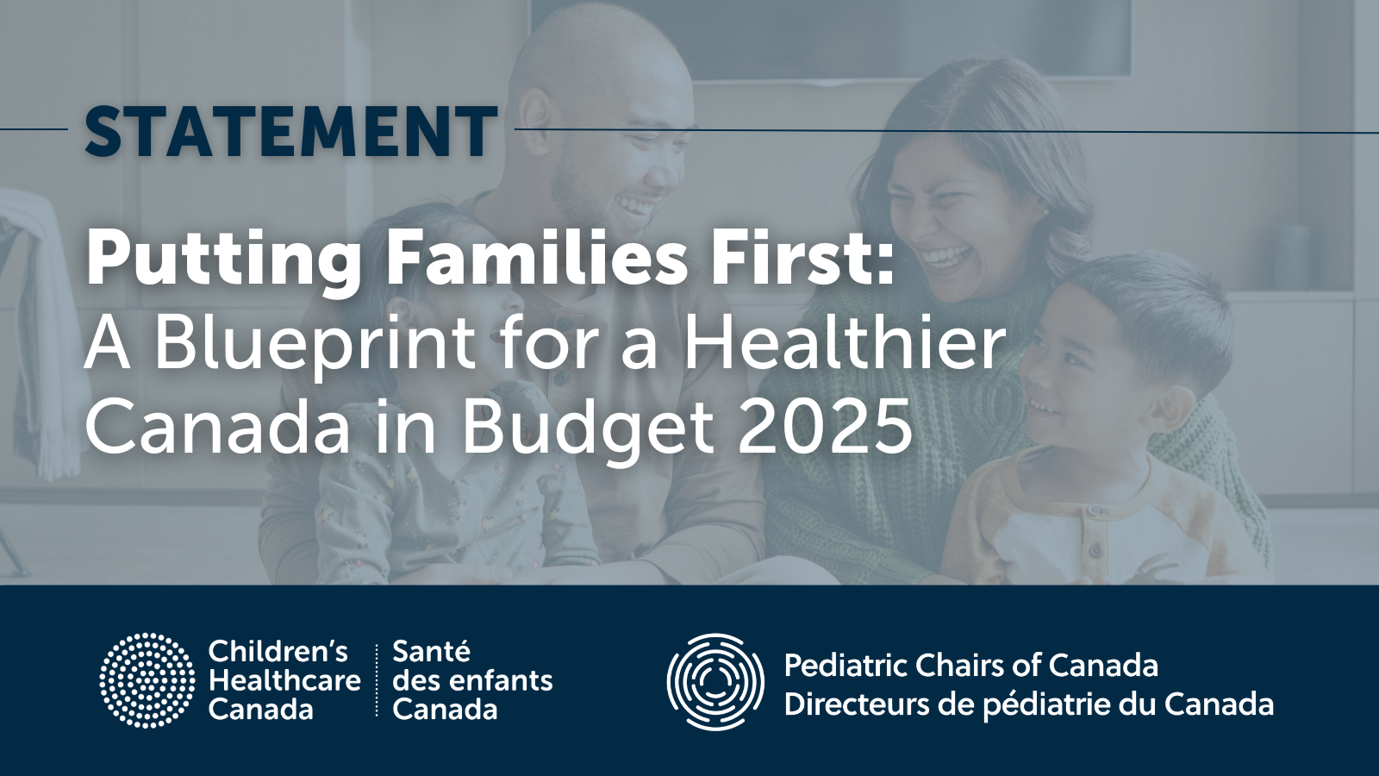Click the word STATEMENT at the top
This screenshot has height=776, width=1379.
click(291, 131)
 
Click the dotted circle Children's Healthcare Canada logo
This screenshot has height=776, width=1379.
click(147, 680)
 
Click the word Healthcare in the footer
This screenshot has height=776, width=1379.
click(284, 680)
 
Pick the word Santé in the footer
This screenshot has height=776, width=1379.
click(432, 652)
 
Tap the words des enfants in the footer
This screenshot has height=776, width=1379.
click(472, 680)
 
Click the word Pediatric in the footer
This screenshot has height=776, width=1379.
click(845, 666)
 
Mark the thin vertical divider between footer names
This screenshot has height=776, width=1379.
click(377, 680)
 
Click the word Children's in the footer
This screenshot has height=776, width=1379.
click(278, 652)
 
